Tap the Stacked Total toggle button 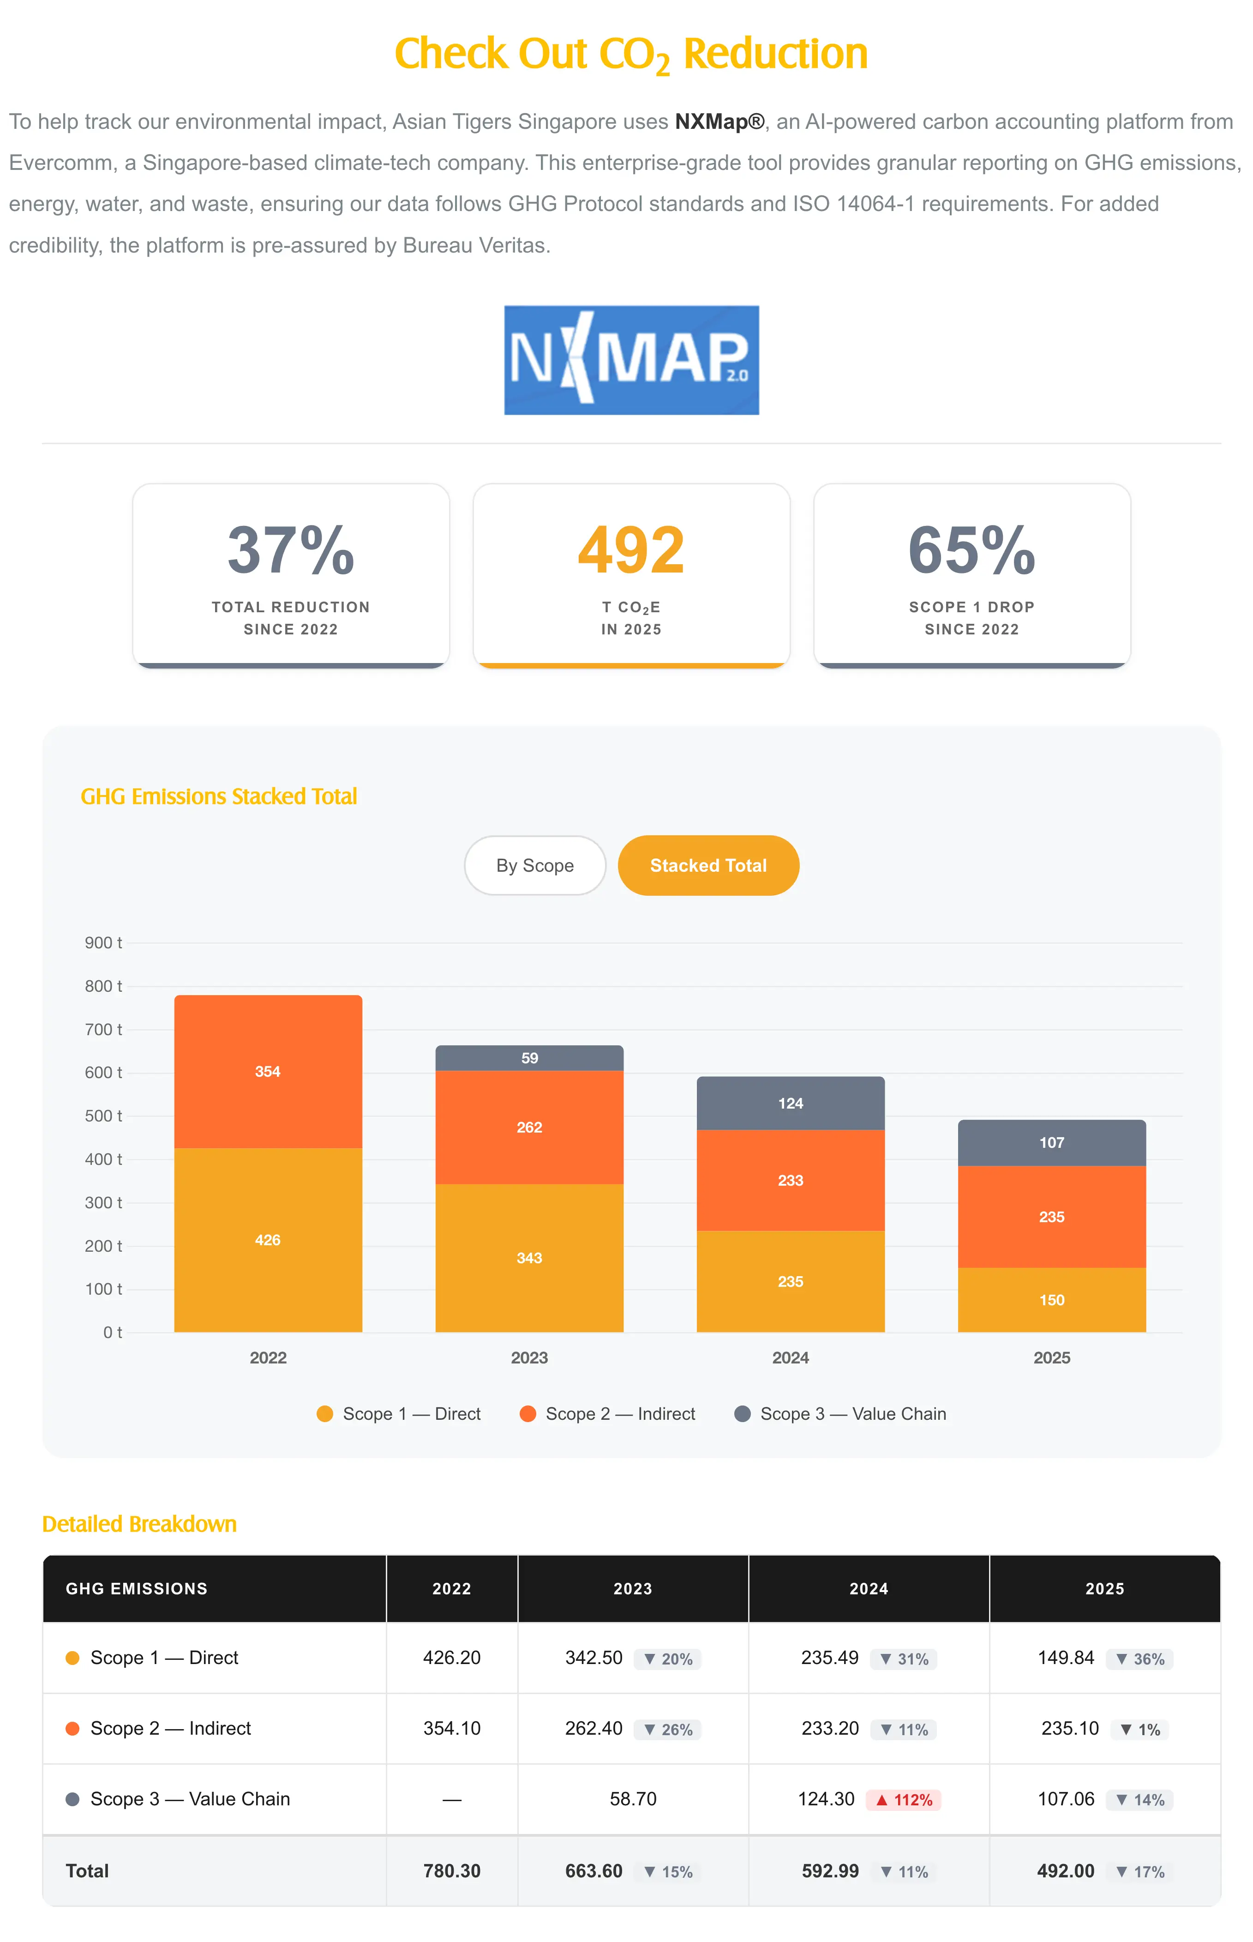[708, 865]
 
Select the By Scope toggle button [534, 865]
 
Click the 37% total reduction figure [290, 550]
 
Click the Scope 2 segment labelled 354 [268, 1071]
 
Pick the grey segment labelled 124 [790, 1103]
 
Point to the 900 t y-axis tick [103, 942]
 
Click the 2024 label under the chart [790, 1357]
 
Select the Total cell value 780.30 [451, 1871]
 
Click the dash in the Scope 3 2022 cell [451, 1800]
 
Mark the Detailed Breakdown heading [139, 1524]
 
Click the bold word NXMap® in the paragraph [719, 121]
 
